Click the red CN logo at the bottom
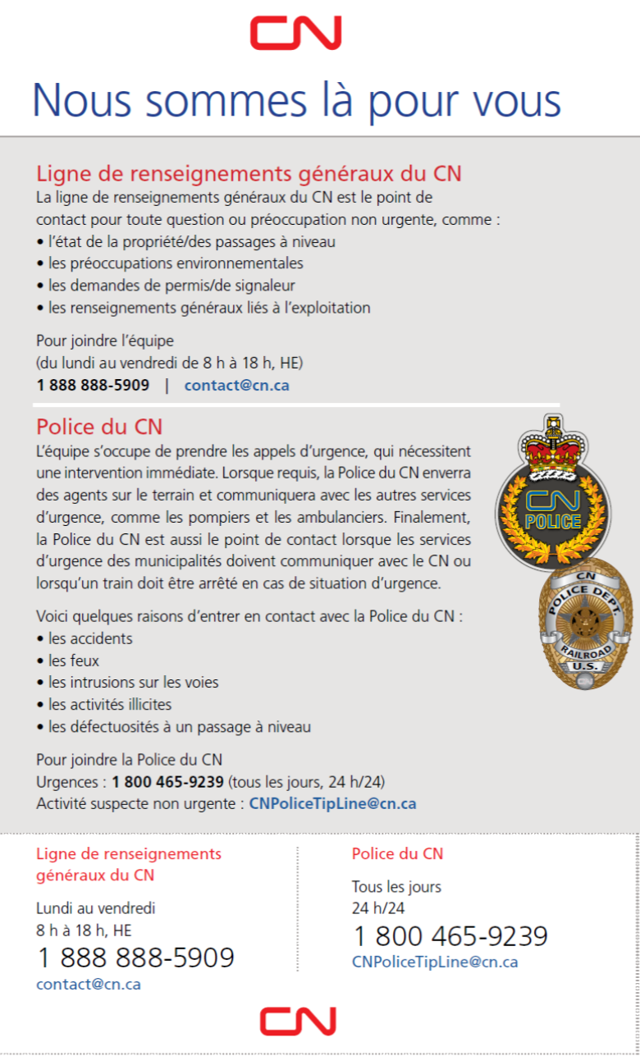click(298, 1021)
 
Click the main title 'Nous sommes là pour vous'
click(296, 99)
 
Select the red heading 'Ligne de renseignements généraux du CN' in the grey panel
click(249, 173)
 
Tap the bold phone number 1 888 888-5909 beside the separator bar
click(93, 385)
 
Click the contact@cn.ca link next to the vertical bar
click(236, 385)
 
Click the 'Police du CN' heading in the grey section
click(99, 427)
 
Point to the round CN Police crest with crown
click(554, 496)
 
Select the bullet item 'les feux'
click(74, 661)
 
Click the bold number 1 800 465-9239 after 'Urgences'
click(167, 781)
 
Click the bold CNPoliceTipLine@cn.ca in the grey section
click(332, 803)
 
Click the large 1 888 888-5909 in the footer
click(135, 958)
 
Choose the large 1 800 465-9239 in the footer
click(450, 936)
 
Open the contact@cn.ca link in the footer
click(89, 984)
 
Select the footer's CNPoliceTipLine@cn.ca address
click(435, 962)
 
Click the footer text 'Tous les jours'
click(396, 887)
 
